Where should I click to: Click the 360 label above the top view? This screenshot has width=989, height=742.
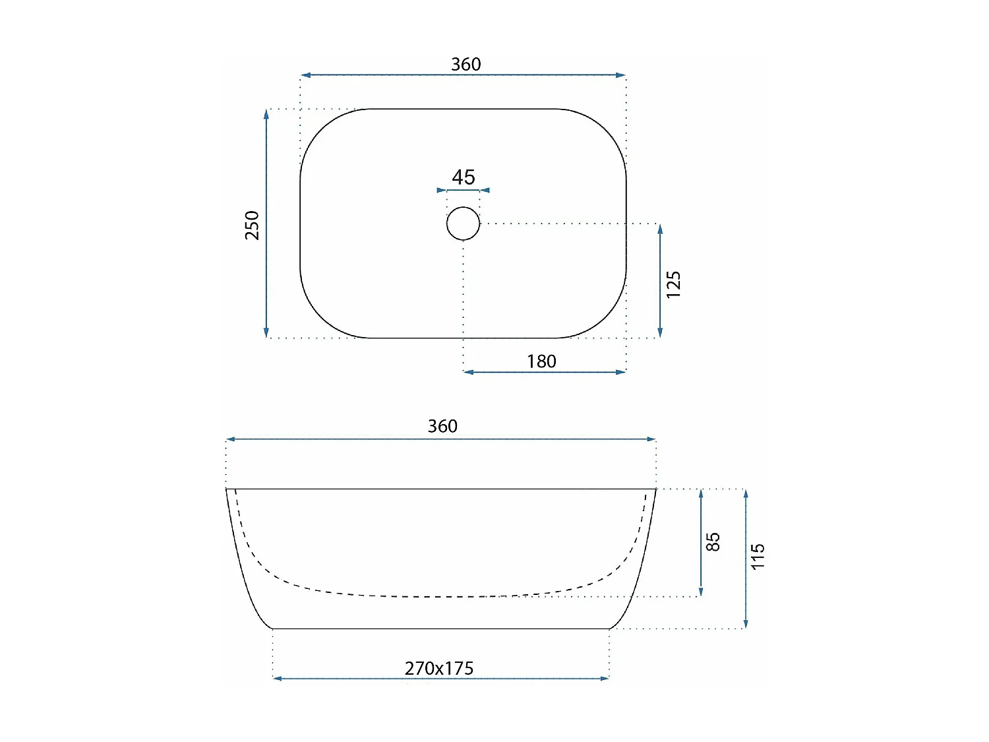point(466,65)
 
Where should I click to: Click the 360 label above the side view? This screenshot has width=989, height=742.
point(442,426)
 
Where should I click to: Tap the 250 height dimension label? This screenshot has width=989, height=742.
point(253,226)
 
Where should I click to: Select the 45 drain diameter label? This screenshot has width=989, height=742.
point(464,177)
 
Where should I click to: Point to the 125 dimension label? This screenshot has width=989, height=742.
point(673,284)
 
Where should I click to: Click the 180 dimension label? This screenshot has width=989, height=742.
point(541,361)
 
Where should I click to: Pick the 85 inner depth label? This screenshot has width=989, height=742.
point(713,541)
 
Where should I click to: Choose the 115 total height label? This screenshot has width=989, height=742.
point(758,557)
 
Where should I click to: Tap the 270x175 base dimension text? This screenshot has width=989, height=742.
point(439,669)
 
